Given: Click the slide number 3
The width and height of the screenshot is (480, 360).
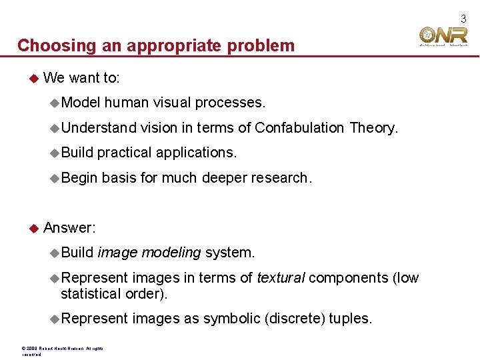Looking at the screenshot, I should (463, 19).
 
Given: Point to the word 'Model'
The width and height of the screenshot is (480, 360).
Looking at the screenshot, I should (80, 103).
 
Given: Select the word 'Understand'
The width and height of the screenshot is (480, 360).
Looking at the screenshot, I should (99, 127).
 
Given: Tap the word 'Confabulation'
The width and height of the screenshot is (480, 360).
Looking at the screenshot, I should (299, 127).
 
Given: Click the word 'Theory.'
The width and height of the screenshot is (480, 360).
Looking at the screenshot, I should (373, 127).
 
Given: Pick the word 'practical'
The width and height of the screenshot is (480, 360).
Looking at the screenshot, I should (124, 152).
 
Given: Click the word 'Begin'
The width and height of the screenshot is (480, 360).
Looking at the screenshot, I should (79, 177).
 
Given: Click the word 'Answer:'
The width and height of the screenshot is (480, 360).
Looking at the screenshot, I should (69, 228).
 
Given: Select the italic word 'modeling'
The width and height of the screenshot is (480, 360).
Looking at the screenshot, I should (171, 253).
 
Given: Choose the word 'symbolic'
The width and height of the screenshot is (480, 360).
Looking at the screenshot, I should (232, 319).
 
